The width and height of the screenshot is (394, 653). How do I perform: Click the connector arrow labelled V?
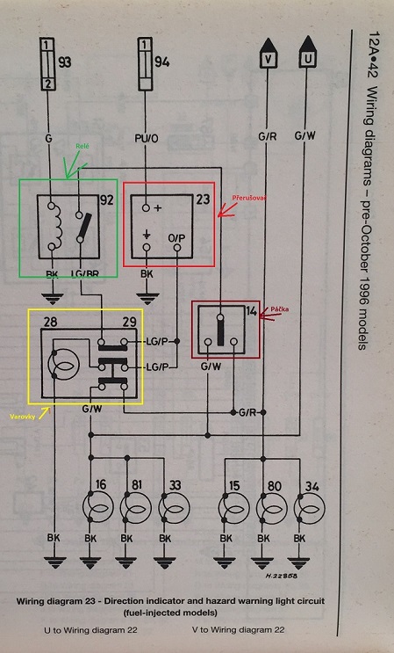pos(269,53)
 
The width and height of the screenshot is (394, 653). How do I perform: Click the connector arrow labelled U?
pos(307,52)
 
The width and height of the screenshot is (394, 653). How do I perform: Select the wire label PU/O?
pos(146,138)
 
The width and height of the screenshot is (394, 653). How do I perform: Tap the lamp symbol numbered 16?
pos(98,507)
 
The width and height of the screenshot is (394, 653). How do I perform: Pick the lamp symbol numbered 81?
pos(135,507)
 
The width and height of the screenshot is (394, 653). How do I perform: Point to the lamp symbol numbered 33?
pos(174,508)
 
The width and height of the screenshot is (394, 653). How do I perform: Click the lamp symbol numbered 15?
pos(233,509)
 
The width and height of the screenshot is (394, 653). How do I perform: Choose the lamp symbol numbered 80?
pos(271,509)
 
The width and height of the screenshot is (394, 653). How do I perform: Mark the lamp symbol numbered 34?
pos(309,509)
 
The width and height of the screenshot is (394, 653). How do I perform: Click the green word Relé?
pos(82,146)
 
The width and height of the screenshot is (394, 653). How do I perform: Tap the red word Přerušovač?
pos(249,198)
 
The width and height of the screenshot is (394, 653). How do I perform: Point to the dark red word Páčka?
pos(279,309)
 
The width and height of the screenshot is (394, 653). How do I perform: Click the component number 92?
pos(107,201)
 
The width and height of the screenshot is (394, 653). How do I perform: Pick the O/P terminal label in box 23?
pos(177,237)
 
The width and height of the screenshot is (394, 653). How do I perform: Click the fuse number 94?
pos(162,62)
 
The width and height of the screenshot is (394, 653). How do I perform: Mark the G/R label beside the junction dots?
pos(247,413)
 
